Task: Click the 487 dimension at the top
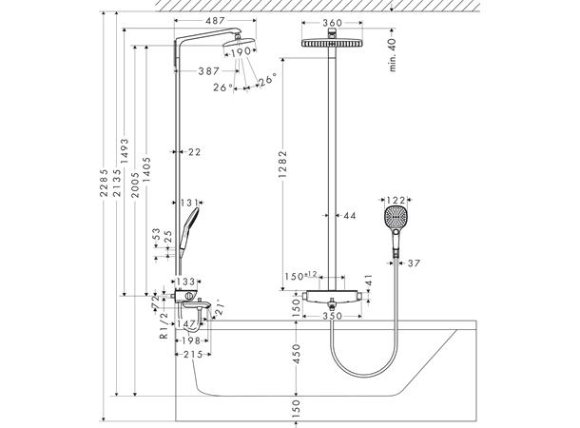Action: tap(215, 21)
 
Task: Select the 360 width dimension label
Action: tap(332, 23)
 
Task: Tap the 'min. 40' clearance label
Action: tap(392, 55)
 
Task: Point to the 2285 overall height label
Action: tap(105, 183)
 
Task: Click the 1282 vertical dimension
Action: tap(282, 164)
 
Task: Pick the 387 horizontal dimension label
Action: tap(209, 71)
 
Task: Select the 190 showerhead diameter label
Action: tap(242, 52)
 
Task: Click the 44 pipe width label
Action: tap(350, 215)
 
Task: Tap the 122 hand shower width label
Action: tap(396, 200)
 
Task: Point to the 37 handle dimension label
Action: tap(414, 263)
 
